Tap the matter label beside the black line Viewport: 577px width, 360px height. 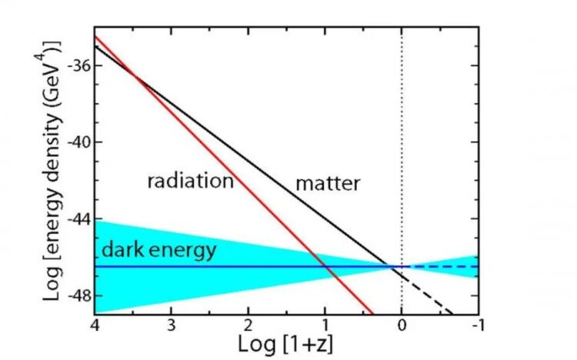coord(329,184)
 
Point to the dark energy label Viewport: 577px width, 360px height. coord(158,250)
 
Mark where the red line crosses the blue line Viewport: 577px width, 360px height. coord(327,267)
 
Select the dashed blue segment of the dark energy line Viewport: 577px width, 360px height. coord(446,267)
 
